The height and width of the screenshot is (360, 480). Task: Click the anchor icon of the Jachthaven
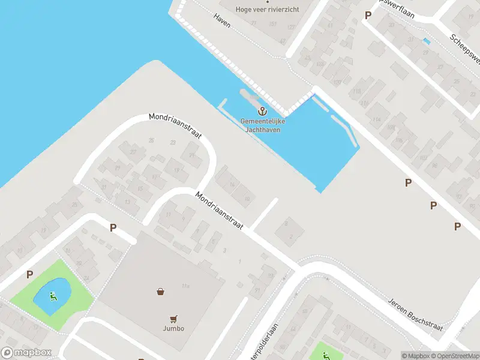(x=262, y=111)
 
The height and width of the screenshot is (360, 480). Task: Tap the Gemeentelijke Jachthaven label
(x=263, y=125)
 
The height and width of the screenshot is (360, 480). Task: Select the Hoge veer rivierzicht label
(x=267, y=9)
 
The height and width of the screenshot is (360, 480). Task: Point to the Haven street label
(x=221, y=19)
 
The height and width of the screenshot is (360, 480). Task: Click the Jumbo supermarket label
(x=173, y=328)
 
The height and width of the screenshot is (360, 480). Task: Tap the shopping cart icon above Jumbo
(x=173, y=319)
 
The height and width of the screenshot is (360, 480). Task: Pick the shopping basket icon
(x=161, y=292)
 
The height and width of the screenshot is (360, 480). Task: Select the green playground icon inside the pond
(x=53, y=295)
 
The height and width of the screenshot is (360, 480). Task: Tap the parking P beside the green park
(x=29, y=274)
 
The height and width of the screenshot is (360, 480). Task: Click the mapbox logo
(x=26, y=353)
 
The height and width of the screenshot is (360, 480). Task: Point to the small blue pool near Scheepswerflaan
(x=426, y=41)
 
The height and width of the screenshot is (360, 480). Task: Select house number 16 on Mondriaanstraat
(x=232, y=184)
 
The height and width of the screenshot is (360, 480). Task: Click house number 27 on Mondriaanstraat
(x=133, y=152)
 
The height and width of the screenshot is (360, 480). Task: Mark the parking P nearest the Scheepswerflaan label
(x=368, y=15)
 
